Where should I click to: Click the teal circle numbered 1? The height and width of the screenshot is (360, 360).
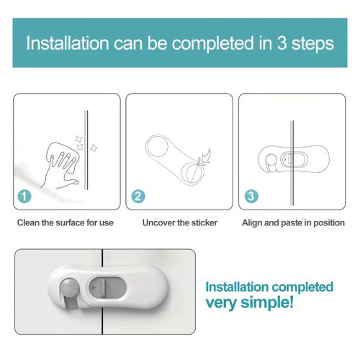24,197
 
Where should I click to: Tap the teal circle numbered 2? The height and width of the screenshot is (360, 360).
138,197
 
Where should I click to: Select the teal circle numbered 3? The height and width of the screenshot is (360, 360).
251,197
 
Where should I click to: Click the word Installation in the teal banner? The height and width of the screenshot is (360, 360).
68,43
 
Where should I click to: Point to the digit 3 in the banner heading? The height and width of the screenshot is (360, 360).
282,43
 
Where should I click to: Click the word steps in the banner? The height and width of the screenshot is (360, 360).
312,45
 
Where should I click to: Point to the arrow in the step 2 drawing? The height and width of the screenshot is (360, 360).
206,157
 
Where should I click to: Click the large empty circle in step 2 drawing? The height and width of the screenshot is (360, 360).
157,146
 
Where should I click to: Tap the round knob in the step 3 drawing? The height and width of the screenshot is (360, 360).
271,160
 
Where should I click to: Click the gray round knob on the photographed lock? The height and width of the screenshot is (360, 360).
69,287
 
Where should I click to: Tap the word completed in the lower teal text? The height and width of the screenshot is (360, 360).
302,288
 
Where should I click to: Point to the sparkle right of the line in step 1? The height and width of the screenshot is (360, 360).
94,148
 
